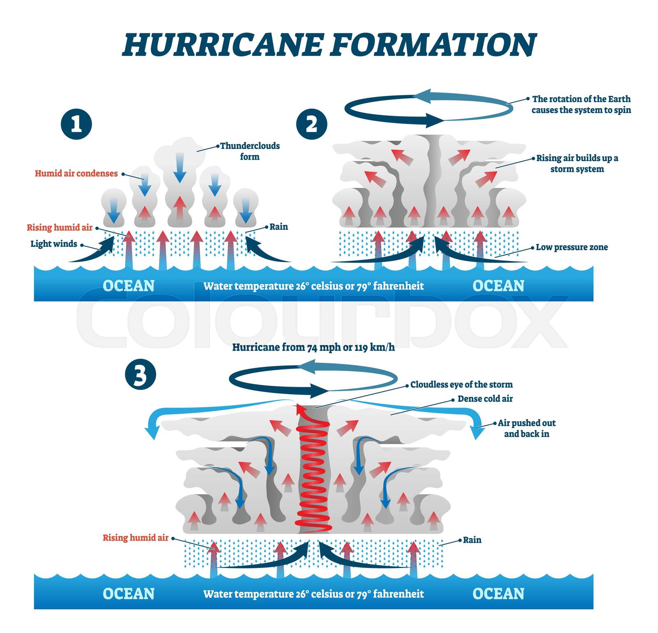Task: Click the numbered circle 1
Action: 76,124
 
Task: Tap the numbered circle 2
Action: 311,124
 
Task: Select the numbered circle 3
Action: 140,375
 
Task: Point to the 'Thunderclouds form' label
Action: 250,151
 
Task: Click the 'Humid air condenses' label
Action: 76,173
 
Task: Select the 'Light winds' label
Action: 54,243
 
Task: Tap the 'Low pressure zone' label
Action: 572,247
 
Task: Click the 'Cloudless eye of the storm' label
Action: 461,385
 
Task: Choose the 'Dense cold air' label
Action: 485,399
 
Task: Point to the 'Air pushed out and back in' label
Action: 527,428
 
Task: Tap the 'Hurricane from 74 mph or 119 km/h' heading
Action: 313,347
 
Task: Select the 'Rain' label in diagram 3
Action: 472,540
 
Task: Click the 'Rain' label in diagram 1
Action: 278,227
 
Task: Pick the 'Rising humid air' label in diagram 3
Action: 135,538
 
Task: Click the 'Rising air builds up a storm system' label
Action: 577,163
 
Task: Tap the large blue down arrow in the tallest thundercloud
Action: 179,167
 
